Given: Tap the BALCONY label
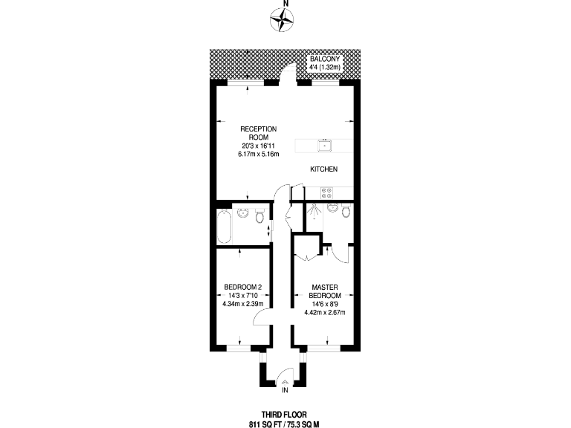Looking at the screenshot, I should [325, 58].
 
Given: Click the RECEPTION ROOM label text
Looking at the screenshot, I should [258, 133].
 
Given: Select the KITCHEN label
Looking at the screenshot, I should [324, 169].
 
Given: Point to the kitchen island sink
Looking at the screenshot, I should [324, 144].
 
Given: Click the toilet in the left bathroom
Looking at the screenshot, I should [259, 217].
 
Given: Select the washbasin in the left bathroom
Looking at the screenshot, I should [242, 213].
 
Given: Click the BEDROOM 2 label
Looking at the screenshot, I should [242, 287].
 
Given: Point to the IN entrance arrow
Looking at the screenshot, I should [285, 384].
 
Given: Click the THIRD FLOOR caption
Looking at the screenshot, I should [285, 415].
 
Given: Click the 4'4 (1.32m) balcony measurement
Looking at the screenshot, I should [325, 67].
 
